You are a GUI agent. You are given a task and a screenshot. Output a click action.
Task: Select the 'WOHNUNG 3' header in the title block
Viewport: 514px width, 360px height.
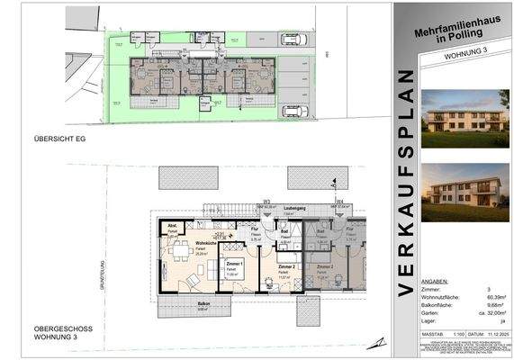(x=454, y=57)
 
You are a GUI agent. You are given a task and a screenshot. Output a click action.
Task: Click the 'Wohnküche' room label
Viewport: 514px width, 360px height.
(x=203, y=244)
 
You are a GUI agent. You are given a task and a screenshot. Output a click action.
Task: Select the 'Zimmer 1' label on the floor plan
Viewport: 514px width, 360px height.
(x=236, y=263)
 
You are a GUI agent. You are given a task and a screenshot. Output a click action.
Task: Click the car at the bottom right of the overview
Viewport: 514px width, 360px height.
(x=294, y=112)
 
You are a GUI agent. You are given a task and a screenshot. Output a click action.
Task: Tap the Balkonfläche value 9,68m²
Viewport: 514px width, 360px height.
(x=491, y=280)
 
